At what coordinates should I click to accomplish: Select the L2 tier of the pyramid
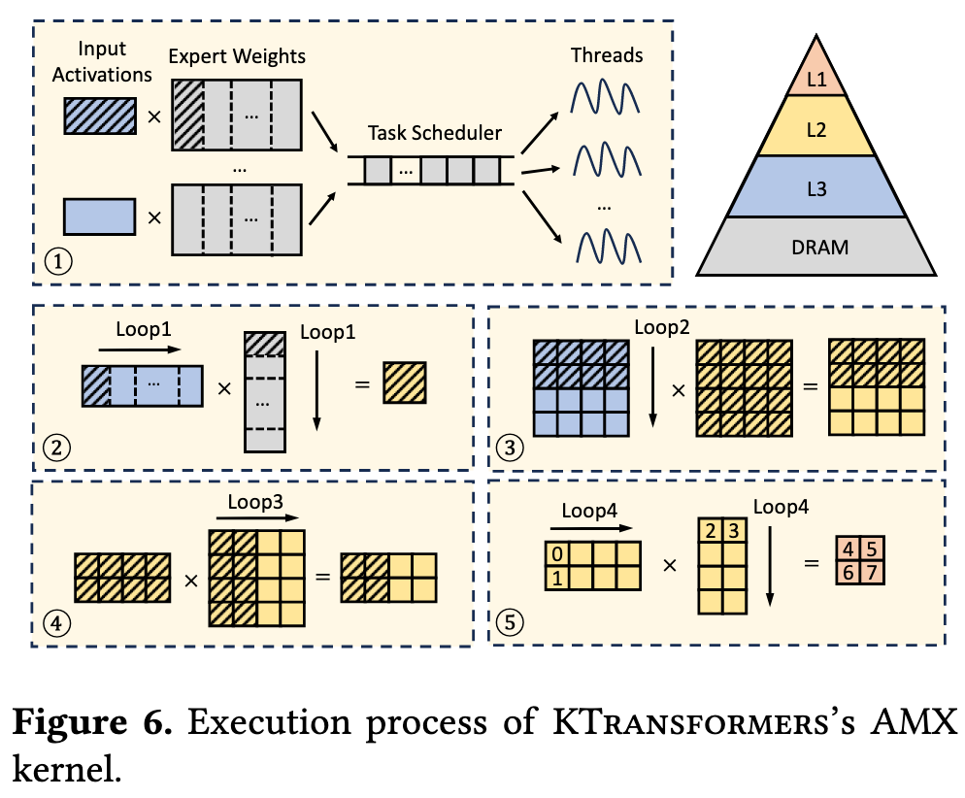click(x=816, y=130)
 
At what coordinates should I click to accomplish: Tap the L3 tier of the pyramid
click(x=816, y=190)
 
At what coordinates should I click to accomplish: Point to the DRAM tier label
click(x=816, y=247)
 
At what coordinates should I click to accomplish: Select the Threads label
click(x=606, y=55)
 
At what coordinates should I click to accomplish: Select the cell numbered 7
click(x=872, y=575)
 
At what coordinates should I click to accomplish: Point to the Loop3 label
click(x=255, y=503)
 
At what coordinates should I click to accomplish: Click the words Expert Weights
click(x=237, y=55)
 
